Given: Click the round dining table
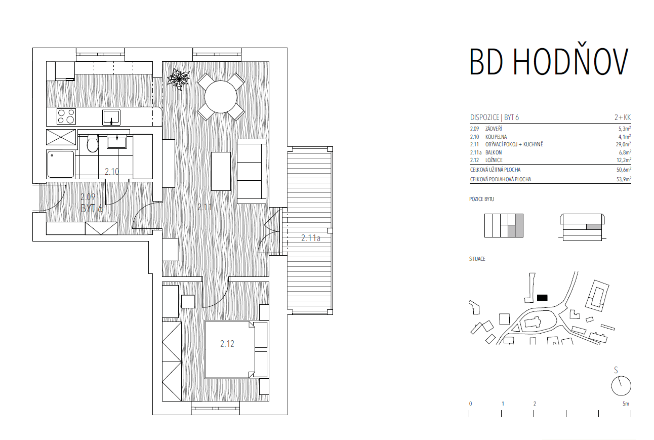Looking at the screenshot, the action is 221,97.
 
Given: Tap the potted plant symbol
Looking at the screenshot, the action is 178,79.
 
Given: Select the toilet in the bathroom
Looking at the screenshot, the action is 93,143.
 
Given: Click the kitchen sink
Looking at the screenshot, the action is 111,117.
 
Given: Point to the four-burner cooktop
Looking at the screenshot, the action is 66,116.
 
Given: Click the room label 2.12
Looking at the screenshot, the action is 227,344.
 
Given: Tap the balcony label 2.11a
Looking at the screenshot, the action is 311,238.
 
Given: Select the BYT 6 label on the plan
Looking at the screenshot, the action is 92,209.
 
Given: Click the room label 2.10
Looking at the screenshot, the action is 112,171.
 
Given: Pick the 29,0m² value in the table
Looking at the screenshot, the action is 623,144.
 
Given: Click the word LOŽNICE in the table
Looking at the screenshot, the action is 494,160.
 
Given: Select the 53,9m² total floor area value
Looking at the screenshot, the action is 624,179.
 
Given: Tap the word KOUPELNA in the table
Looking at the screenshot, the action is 496,137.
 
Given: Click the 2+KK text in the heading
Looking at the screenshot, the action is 623,117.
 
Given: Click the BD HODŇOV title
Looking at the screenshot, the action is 549,61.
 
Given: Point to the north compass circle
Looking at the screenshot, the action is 621,386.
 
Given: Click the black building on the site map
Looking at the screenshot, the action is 542,298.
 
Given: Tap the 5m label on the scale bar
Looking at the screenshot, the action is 626,404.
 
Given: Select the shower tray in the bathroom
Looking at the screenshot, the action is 61,164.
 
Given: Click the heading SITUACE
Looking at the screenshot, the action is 477,259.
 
